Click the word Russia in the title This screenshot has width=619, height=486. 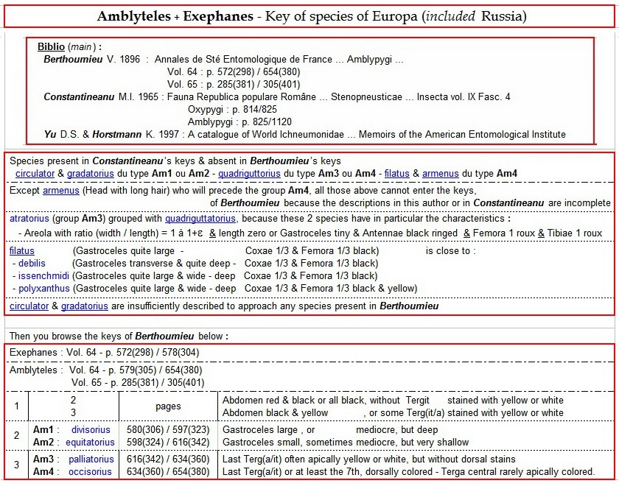tap(503, 15)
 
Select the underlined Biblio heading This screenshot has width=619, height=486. tap(50, 47)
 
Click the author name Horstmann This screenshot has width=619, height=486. tap(136, 134)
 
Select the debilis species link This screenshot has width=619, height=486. tap(32, 263)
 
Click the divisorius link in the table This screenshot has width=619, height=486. tap(91, 429)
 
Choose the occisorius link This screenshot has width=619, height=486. tap(91, 471)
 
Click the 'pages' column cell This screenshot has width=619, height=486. tap(168, 406)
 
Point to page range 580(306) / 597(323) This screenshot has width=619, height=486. tap(168, 429)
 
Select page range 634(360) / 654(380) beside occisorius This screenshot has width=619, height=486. tap(168, 471)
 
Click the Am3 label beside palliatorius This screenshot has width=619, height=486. tap(43, 459)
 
